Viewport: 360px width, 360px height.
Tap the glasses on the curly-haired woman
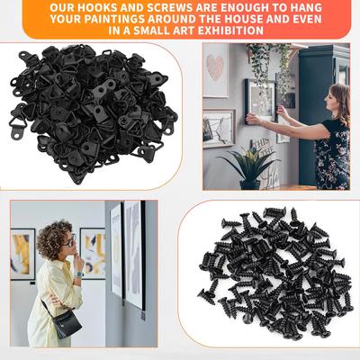[x=68, y=241]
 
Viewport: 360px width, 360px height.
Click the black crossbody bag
[x=66, y=320]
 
